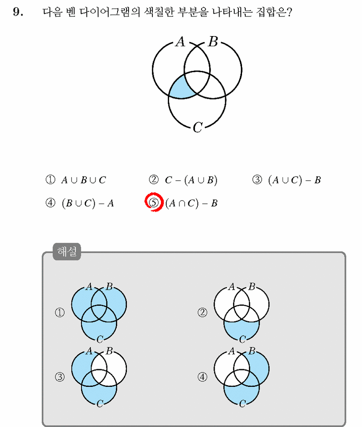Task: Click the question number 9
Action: [18, 12]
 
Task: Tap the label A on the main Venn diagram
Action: [180, 42]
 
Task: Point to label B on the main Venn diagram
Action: [213, 42]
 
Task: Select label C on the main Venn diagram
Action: [198, 127]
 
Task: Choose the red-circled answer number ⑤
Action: [154, 202]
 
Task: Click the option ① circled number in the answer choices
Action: [50, 179]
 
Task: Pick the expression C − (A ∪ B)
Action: [191, 180]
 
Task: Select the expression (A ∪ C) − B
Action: [294, 180]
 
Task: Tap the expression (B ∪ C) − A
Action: [88, 203]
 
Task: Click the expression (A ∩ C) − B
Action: [191, 203]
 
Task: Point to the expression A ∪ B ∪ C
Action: [84, 180]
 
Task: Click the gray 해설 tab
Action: [67, 251]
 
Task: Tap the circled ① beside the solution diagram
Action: [60, 312]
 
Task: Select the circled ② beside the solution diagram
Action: [202, 312]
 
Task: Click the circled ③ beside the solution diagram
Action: [60, 377]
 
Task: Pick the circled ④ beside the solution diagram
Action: [202, 377]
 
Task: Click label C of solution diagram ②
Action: [242, 339]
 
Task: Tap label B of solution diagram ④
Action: [252, 351]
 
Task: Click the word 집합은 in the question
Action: [274, 12]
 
